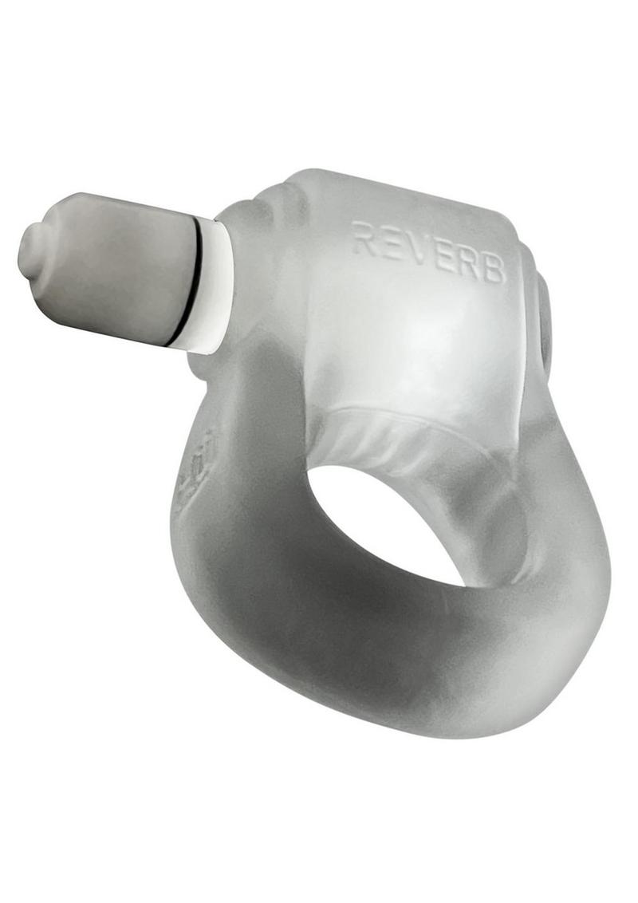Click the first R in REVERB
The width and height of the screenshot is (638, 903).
coord(364,239)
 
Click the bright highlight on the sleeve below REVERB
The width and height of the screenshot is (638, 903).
coord(415,335)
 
